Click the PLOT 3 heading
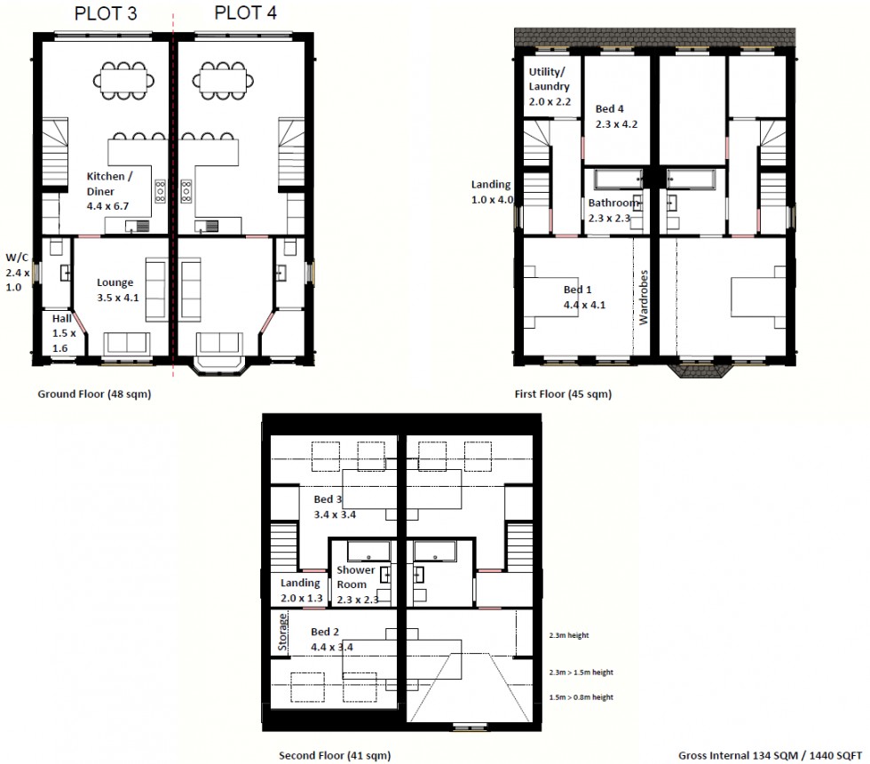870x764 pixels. tap(107, 14)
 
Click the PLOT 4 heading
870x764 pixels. tap(245, 14)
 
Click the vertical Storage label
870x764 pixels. tap(283, 633)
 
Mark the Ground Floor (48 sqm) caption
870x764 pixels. tap(94, 394)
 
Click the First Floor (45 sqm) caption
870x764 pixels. tap(563, 394)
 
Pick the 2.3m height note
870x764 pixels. tap(570, 635)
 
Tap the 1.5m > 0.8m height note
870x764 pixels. tap(581, 697)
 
